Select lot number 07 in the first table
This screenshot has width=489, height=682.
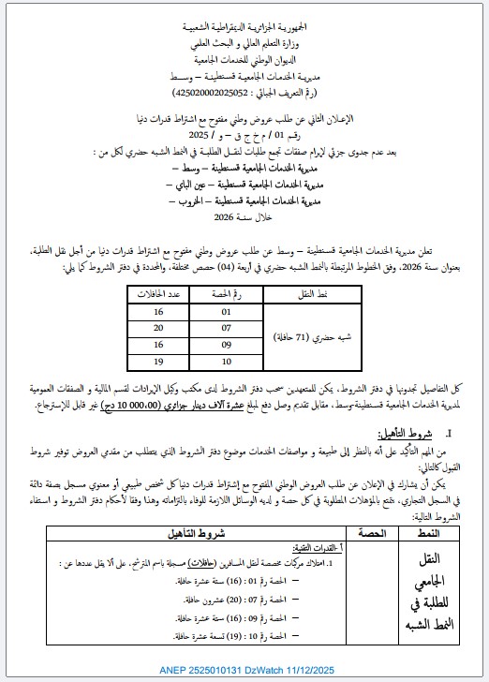pos(225,327)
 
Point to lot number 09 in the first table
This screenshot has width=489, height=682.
pos(225,344)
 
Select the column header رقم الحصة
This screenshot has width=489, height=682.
pos(225,293)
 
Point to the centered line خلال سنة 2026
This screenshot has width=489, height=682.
pos(244,215)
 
